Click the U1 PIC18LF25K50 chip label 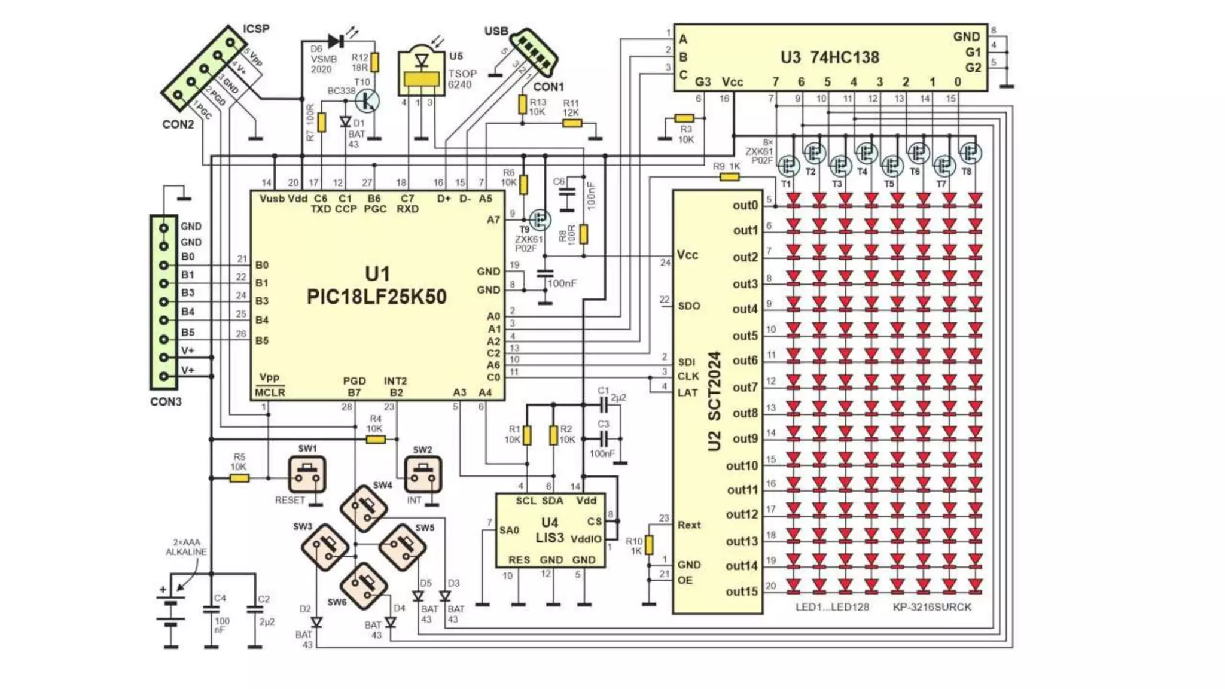click(376, 286)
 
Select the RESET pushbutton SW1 click(307, 474)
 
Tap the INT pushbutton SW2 click(423, 474)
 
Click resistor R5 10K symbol click(239, 478)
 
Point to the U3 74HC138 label click(830, 57)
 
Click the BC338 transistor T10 click(367, 100)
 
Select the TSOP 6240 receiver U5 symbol click(422, 72)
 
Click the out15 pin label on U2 click(742, 592)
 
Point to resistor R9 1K click(729, 177)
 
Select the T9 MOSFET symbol click(540, 219)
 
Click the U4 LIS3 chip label click(549, 530)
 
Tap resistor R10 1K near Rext click(649, 545)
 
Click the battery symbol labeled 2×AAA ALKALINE click(171, 613)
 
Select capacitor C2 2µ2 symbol click(255, 610)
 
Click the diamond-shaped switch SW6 click(364, 586)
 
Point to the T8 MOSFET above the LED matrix click(970, 153)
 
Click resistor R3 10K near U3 click(684, 118)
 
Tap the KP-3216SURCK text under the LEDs click(932, 607)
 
